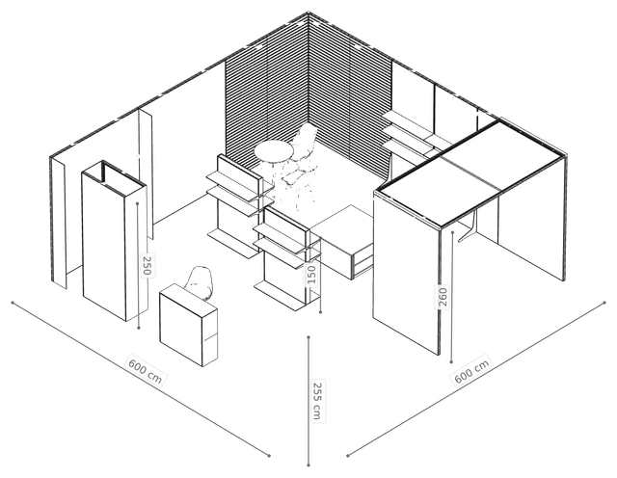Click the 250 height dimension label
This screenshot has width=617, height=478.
click(x=147, y=265)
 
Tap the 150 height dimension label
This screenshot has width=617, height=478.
click(x=310, y=275)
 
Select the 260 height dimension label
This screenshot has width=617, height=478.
click(x=443, y=297)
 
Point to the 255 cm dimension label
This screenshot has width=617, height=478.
click(x=317, y=400)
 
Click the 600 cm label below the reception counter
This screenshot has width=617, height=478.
click(x=146, y=371)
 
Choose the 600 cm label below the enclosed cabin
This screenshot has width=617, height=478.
click(x=471, y=371)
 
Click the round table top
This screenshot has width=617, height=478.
click(x=274, y=151)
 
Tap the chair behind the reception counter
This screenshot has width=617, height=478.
click(x=201, y=282)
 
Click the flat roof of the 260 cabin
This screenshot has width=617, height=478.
click(x=470, y=174)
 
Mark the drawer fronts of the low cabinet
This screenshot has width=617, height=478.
click(x=362, y=260)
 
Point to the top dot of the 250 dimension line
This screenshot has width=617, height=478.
click(x=137, y=203)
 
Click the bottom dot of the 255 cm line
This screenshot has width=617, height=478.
click(x=308, y=465)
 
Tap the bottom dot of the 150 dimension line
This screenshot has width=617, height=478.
click(x=321, y=312)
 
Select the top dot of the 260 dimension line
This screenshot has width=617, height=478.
click(x=452, y=232)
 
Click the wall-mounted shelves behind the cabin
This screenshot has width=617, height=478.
click(x=409, y=132)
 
